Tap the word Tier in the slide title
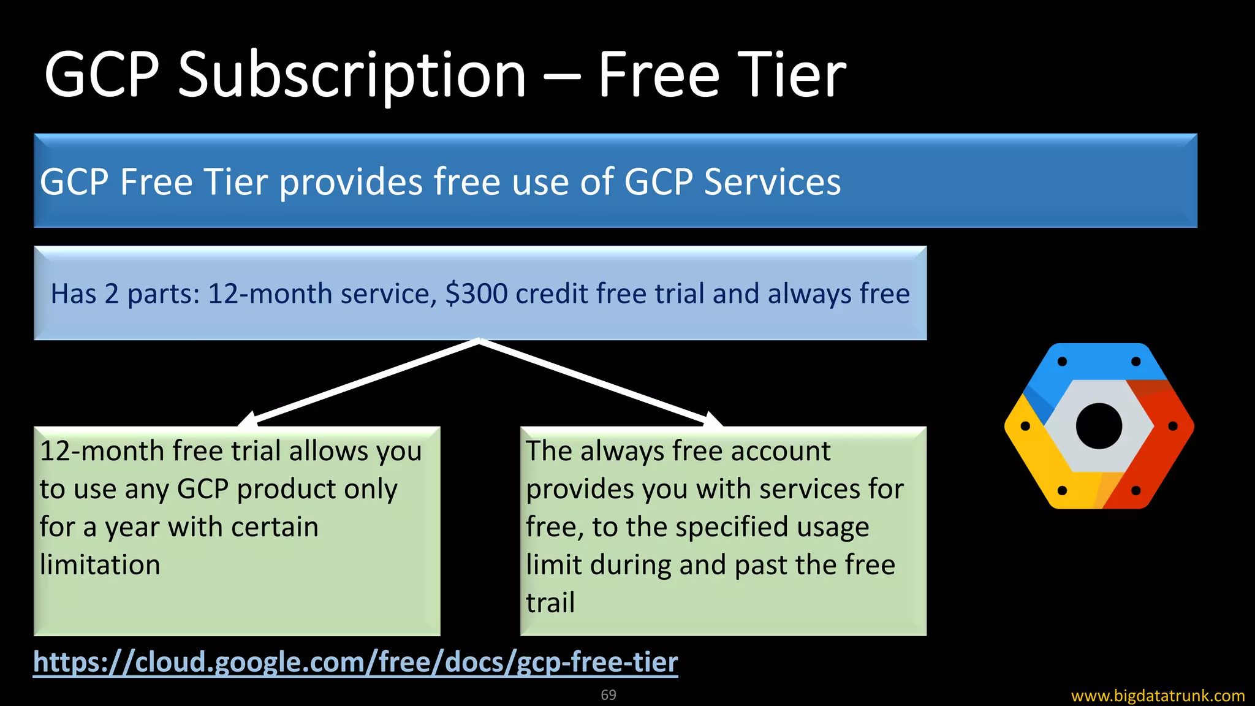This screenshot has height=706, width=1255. pos(791,75)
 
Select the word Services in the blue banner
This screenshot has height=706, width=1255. pos(772,182)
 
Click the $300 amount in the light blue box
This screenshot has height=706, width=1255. pos(476,294)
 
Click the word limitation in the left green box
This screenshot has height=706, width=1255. pos(100,564)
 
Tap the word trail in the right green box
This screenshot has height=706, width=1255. pos(550,602)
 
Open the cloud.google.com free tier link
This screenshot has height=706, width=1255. pos(355,662)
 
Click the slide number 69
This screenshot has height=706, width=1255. pos(609,695)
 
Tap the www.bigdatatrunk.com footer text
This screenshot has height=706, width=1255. pos(1158,696)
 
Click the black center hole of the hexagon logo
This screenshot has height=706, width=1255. pos(1099,426)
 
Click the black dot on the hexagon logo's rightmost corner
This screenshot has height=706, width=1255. pos(1173,426)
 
